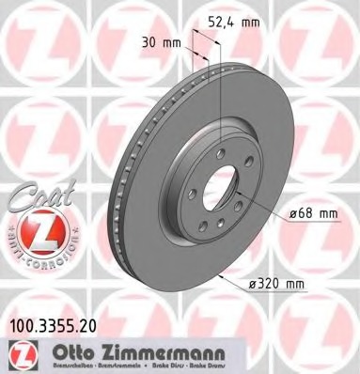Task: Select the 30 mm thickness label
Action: pos(161,41)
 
